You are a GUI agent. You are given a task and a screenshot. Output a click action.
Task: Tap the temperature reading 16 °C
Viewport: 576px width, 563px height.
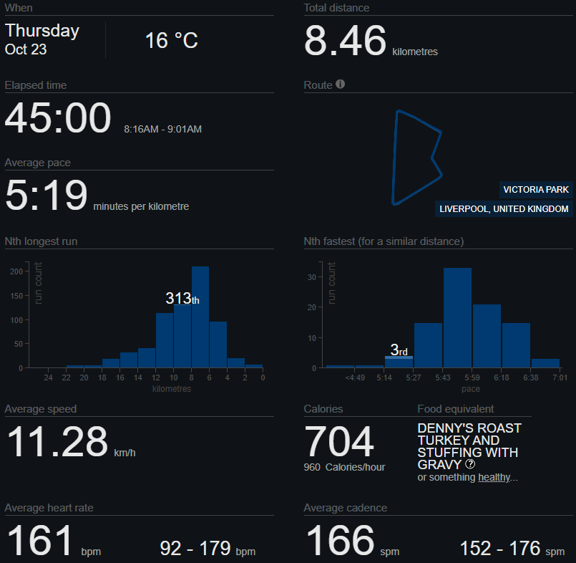(x=172, y=40)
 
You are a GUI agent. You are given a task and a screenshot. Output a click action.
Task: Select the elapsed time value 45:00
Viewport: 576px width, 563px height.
(x=58, y=118)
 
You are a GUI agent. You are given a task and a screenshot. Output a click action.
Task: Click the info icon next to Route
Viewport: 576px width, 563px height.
(x=341, y=85)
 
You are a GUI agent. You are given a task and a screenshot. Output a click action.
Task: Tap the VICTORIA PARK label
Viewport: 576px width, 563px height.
(x=536, y=190)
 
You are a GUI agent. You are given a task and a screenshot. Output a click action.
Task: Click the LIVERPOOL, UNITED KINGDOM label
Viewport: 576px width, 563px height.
(x=504, y=209)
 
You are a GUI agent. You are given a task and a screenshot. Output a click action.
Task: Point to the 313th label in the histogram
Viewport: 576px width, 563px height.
(x=182, y=299)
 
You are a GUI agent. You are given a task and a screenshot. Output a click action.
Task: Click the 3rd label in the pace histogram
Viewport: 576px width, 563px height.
(x=399, y=350)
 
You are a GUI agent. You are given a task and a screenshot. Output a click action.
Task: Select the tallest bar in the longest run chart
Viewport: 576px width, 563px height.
(x=200, y=317)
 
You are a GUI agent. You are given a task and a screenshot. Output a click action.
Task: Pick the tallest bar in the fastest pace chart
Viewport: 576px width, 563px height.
(x=458, y=317)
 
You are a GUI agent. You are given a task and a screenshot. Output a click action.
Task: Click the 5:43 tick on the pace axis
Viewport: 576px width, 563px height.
(x=443, y=377)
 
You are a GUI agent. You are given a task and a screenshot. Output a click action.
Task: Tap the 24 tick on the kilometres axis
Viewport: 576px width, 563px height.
(x=49, y=377)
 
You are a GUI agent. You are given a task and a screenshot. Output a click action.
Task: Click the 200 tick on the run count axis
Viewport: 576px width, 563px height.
(x=16, y=272)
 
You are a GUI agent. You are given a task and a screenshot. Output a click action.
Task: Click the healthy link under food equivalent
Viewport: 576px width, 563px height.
(x=494, y=477)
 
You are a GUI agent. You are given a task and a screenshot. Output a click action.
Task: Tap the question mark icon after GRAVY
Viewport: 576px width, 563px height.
(x=470, y=464)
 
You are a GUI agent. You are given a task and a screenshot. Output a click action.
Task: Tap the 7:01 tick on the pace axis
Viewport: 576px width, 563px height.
(x=559, y=377)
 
